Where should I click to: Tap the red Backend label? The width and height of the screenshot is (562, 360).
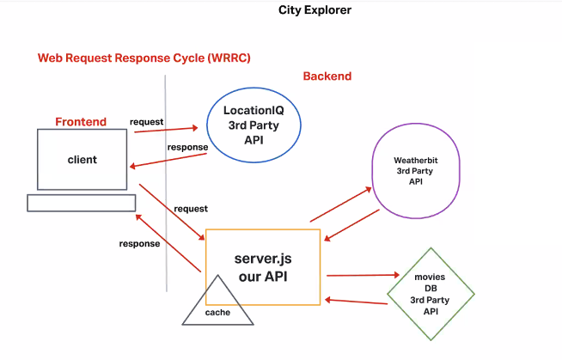click(x=327, y=76)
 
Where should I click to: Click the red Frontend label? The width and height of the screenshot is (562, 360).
click(x=81, y=122)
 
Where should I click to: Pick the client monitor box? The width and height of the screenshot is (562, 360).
click(x=82, y=160)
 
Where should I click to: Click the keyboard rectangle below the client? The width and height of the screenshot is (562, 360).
click(x=81, y=203)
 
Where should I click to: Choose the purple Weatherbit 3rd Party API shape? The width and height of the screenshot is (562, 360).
click(x=415, y=171)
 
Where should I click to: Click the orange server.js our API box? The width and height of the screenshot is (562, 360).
click(x=262, y=266)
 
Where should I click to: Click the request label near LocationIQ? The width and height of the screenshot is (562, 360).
click(x=146, y=122)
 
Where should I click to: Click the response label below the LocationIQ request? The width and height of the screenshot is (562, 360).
click(x=187, y=147)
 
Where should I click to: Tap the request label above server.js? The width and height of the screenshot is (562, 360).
click(x=190, y=209)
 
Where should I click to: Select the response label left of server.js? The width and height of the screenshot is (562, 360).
click(x=139, y=243)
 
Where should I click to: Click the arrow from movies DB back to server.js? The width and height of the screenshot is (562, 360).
click(x=361, y=302)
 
